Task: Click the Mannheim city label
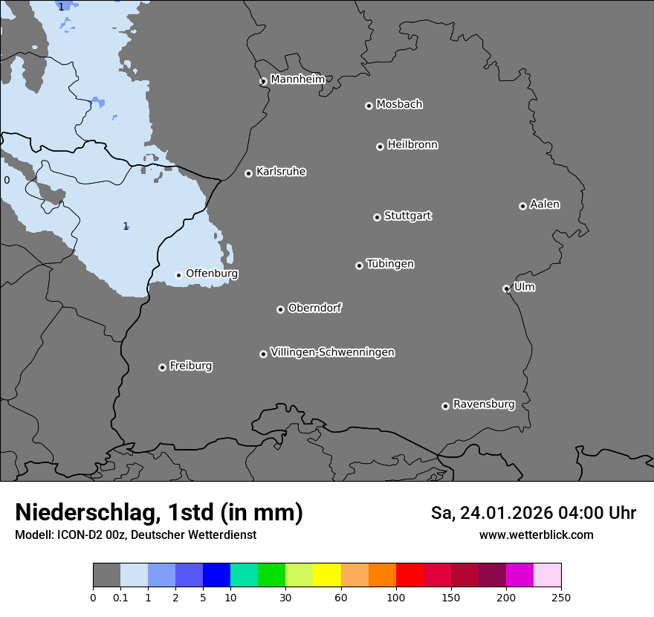(298, 80)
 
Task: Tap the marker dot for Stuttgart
(377, 217)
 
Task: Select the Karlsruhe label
(281, 172)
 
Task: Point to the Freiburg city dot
(162, 367)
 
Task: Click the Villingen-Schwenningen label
(332, 352)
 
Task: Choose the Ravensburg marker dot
(445, 406)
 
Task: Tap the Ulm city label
(524, 287)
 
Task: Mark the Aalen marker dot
(522, 206)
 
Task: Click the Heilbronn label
(412, 145)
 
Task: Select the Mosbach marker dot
(369, 106)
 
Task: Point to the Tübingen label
(390, 264)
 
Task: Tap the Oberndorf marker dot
(280, 309)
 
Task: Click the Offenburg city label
(212, 274)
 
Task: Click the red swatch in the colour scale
(409, 575)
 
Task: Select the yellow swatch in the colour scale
(327, 575)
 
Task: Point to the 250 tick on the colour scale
(561, 597)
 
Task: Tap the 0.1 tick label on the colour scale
(120, 597)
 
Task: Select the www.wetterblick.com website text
(536, 535)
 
